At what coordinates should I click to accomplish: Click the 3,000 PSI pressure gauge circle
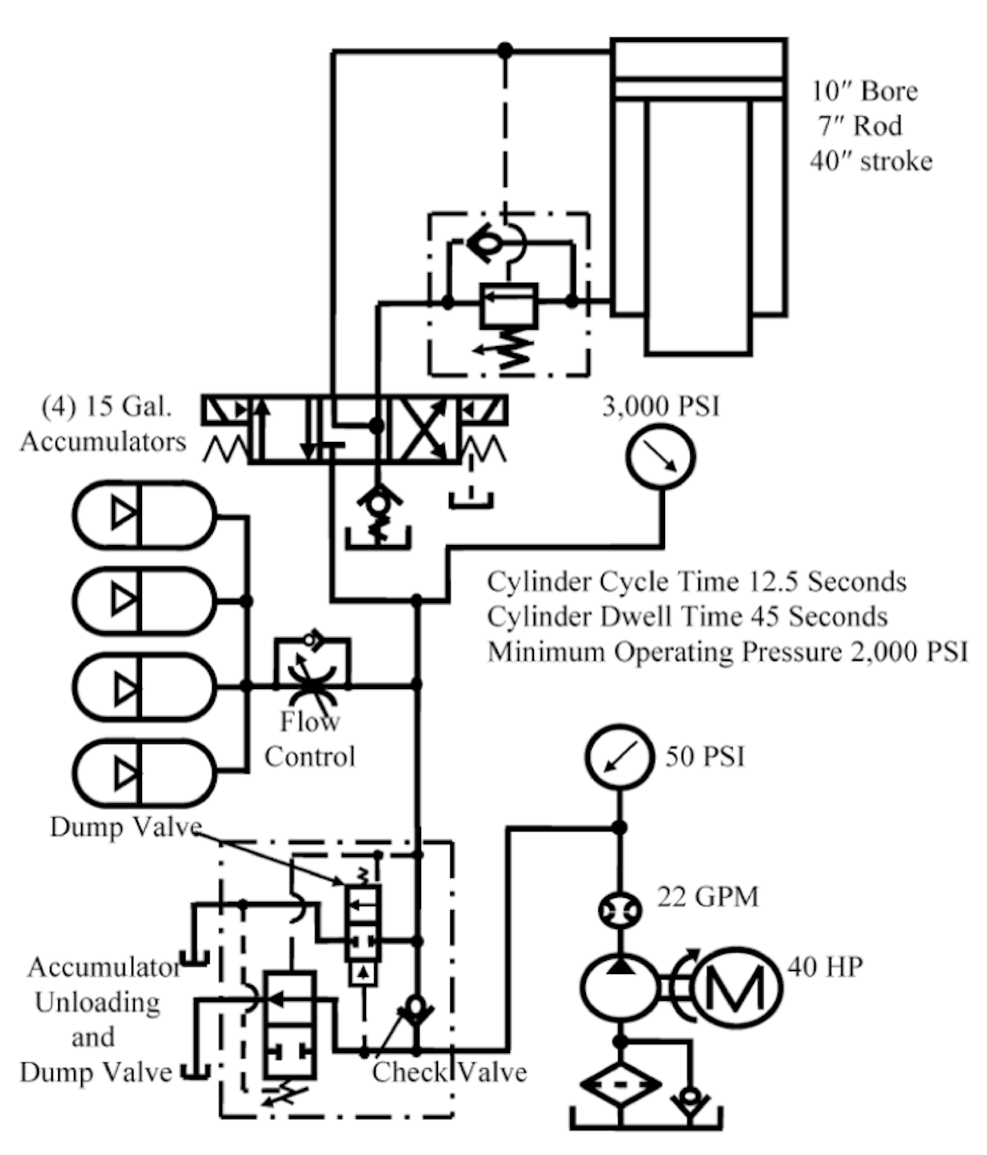pos(660,457)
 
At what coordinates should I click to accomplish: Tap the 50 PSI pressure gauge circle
pos(619,757)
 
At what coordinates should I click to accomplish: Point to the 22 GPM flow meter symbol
pos(620,911)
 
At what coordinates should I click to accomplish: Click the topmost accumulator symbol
pos(144,514)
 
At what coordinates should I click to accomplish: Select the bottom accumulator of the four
pos(144,773)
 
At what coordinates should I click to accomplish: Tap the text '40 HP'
pos(825,966)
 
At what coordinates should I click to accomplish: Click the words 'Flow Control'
pos(310,739)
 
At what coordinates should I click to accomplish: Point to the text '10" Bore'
pos(864,91)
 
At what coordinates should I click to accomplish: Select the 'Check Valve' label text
pos(449,1072)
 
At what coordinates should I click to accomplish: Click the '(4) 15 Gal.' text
pos(107,406)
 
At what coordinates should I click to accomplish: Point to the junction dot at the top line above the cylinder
pos(505,50)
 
